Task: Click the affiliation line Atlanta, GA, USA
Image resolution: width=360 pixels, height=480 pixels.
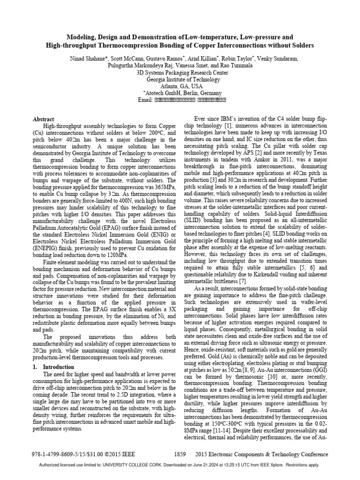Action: click(x=180, y=87)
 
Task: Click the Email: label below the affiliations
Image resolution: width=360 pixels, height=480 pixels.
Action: click(x=143, y=100)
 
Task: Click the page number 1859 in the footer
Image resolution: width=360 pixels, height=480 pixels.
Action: click(x=180, y=455)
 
